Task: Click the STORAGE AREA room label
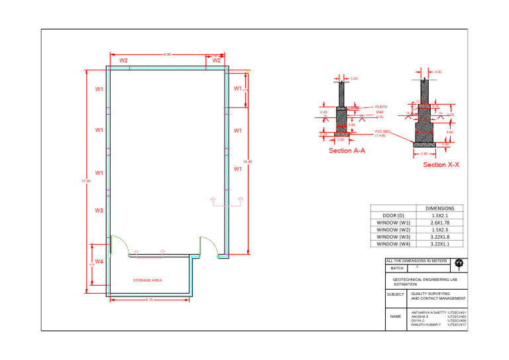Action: (x=147, y=280)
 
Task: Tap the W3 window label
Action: (x=99, y=211)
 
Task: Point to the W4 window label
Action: (x=99, y=262)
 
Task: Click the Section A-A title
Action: (x=347, y=150)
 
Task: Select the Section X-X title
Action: (x=441, y=164)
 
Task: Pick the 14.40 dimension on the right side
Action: (x=248, y=161)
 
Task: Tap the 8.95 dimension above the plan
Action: (x=168, y=54)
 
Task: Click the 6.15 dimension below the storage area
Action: (x=149, y=300)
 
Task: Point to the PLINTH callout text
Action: (x=381, y=106)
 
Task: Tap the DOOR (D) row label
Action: (x=394, y=215)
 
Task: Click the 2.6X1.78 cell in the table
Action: (x=439, y=223)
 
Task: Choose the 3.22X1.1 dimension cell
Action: (x=439, y=244)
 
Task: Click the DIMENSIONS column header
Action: (x=439, y=208)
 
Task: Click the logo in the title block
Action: (x=459, y=263)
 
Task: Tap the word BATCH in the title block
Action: (x=397, y=269)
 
